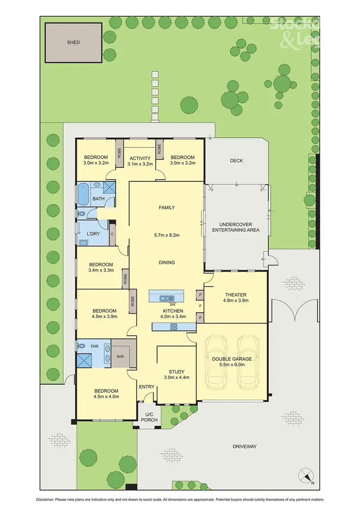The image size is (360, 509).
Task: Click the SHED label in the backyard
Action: point(73,42)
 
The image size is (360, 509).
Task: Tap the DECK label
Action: point(236,161)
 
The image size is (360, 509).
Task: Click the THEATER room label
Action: point(236,295)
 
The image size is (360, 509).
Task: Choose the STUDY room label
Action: point(176,371)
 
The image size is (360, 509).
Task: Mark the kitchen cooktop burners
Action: point(173,327)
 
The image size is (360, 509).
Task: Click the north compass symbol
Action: point(306,476)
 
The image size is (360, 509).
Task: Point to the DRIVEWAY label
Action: point(245,447)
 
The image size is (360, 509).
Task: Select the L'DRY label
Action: point(93,234)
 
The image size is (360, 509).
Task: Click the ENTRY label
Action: point(146,387)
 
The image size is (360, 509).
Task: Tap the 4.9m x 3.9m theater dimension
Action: point(236,301)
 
